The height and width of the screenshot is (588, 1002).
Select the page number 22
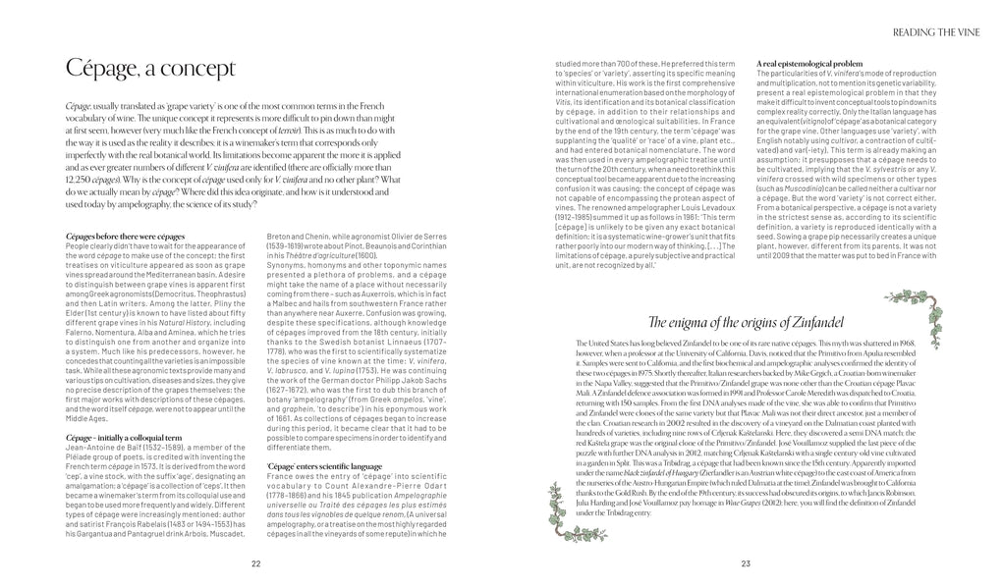click(255, 562)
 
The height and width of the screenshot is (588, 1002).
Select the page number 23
click(746, 562)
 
